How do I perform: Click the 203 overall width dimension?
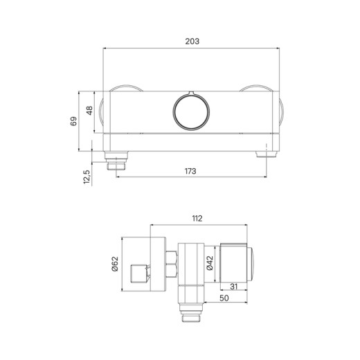[192, 42]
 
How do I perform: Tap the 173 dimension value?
[190, 171]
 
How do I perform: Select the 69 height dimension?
[73, 121]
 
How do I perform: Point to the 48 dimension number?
[89, 111]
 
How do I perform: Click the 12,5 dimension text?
[87, 177]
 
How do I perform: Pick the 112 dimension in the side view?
[197, 218]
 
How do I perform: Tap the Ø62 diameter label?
[115, 264]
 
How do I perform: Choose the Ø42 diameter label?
[210, 263]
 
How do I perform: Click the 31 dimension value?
[233, 287]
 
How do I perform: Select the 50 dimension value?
[224, 298]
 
